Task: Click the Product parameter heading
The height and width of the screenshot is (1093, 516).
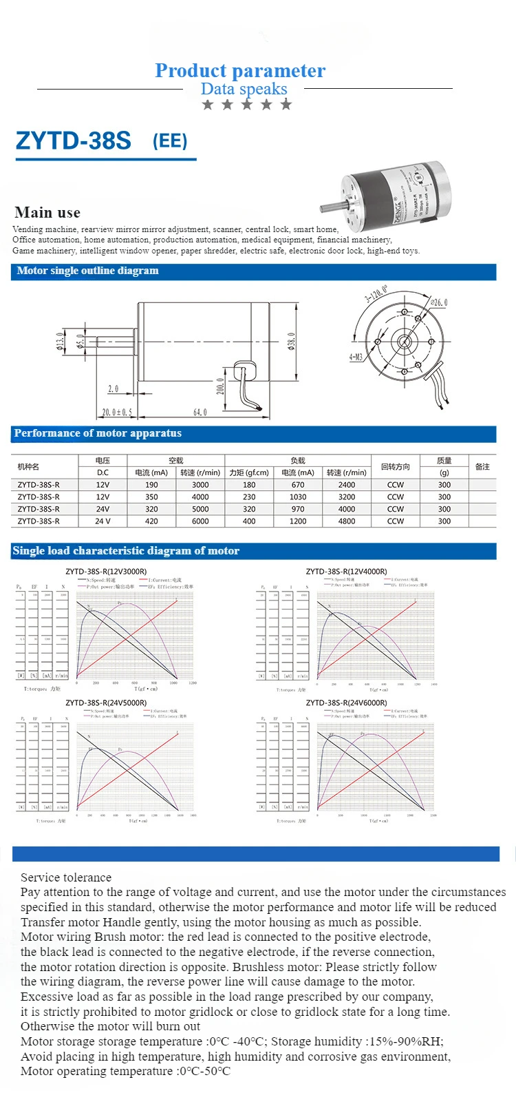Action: pos(240,70)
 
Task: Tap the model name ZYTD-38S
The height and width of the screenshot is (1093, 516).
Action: pos(73,141)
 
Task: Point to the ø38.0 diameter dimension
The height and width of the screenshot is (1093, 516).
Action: pos(292,341)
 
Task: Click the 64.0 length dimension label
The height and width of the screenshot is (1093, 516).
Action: pos(200,412)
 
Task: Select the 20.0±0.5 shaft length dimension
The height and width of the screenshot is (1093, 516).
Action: pos(116,412)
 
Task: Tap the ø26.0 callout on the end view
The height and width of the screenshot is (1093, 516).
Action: pos(438,302)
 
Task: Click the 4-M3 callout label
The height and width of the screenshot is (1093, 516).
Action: pos(355,357)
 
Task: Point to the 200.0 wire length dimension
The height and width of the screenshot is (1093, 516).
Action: pos(221,386)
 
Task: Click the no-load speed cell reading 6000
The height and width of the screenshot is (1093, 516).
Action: pos(200,521)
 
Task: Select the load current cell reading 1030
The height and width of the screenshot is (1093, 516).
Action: pos(298,497)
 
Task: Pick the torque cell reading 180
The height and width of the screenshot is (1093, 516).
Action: pos(249,485)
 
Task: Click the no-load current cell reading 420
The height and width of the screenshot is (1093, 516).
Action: pos(151,521)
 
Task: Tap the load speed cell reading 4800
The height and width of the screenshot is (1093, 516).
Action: pos(347,521)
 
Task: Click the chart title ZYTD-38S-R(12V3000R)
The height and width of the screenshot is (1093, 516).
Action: pos(106,572)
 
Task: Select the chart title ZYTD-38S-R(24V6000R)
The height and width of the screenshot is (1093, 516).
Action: pos(346,702)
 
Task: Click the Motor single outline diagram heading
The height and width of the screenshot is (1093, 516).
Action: pos(87,271)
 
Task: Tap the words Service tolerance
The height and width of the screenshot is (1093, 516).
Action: pos(66,877)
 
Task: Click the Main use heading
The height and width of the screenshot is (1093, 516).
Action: pos(47,212)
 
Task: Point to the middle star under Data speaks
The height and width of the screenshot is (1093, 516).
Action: pos(247,105)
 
